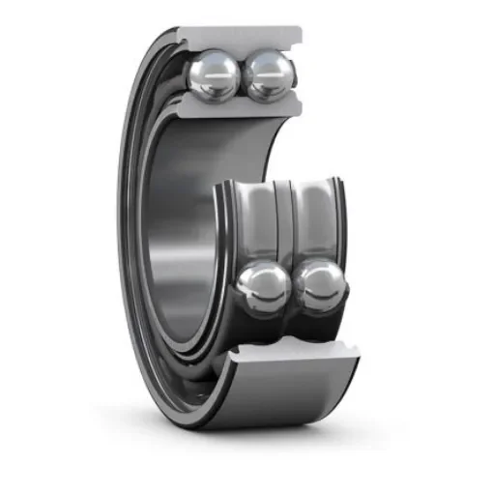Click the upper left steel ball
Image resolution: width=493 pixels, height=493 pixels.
[x=216, y=75]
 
